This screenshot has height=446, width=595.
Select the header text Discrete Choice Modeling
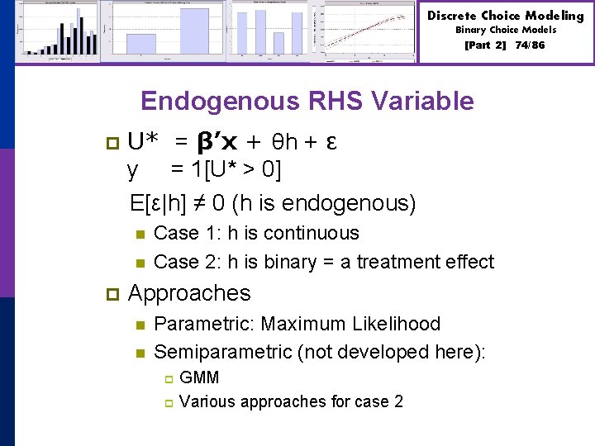pos(505,16)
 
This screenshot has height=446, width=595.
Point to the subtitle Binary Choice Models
pos(506,30)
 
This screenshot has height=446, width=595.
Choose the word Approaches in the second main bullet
pos(189,293)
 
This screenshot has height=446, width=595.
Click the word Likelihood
pos(395,324)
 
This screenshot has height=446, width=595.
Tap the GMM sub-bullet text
pos(199,378)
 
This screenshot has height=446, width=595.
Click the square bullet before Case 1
pos(140,234)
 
